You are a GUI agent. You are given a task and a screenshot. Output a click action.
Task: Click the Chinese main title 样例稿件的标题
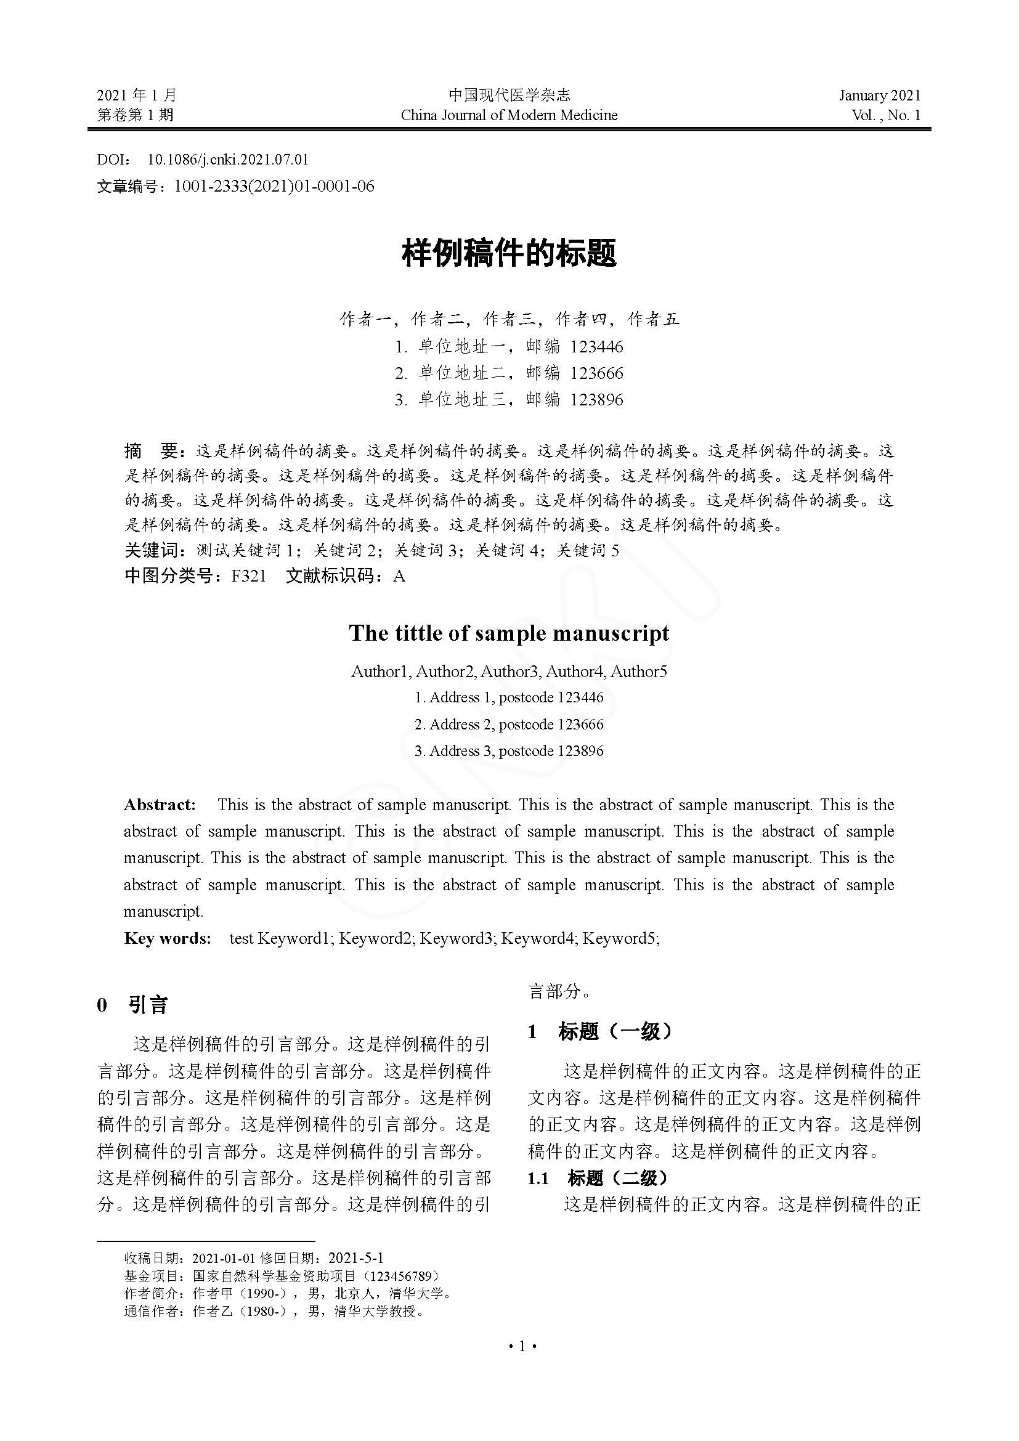509,254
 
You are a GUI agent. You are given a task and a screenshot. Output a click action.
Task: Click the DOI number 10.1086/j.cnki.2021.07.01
228,160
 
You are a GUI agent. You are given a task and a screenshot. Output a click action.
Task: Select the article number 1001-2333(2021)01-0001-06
274,187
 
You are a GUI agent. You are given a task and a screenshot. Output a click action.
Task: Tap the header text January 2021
879,95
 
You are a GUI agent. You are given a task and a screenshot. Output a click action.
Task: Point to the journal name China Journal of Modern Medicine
509,115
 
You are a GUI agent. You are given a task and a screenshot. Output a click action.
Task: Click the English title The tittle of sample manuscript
509,633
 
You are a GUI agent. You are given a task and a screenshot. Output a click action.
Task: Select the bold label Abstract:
160,805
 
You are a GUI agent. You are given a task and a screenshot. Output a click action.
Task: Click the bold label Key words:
167,938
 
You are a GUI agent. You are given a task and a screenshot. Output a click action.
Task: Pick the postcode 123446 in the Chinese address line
596,346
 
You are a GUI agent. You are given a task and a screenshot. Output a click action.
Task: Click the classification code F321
248,575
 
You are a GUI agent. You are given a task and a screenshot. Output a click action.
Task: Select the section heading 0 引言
132,1005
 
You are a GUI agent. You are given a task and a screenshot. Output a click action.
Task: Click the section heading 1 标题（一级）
601,1031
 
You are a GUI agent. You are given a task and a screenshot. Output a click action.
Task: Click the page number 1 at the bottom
521,1346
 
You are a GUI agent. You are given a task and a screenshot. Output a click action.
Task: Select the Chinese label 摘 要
152,450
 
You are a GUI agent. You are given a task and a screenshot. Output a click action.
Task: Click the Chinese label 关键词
152,550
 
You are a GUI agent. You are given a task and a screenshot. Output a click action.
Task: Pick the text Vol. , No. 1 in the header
885,115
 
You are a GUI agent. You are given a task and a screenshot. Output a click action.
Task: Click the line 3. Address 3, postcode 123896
509,750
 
